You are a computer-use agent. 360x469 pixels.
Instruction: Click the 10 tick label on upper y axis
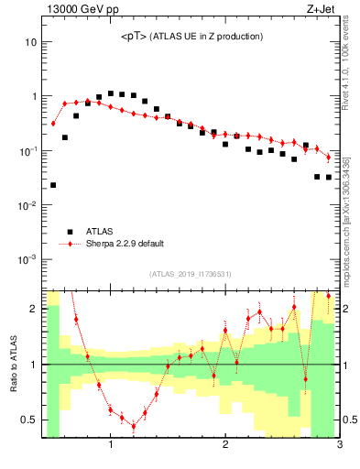(x=31, y=42)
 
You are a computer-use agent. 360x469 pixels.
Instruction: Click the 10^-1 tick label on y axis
(x=28, y=150)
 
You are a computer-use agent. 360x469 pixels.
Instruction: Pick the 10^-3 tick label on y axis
(x=28, y=259)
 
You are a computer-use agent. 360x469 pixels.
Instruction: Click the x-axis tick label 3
(x=339, y=446)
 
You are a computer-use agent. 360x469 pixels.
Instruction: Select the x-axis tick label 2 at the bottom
(x=225, y=446)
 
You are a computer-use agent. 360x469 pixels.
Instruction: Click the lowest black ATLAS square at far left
(x=53, y=185)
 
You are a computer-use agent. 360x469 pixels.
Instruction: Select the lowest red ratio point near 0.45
(x=134, y=426)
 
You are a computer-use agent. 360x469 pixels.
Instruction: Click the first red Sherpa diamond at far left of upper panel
(x=53, y=123)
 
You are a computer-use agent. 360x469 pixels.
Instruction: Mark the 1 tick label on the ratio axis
(x=33, y=365)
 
